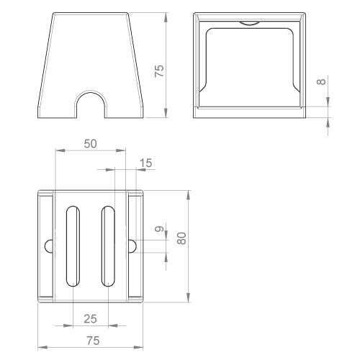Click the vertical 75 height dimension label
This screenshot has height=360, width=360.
[159, 71]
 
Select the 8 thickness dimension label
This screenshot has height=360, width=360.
[321, 81]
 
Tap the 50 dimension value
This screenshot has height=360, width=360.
[90, 144]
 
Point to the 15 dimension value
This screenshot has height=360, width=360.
[145, 163]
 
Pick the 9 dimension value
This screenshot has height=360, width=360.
[159, 229]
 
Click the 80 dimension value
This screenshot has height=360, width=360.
[181, 238]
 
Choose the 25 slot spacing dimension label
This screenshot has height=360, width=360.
[90, 319]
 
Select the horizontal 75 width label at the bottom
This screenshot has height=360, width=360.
[93, 341]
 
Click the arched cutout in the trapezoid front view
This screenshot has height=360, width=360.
[91, 91]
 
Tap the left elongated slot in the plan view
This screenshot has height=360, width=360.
[73, 246]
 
